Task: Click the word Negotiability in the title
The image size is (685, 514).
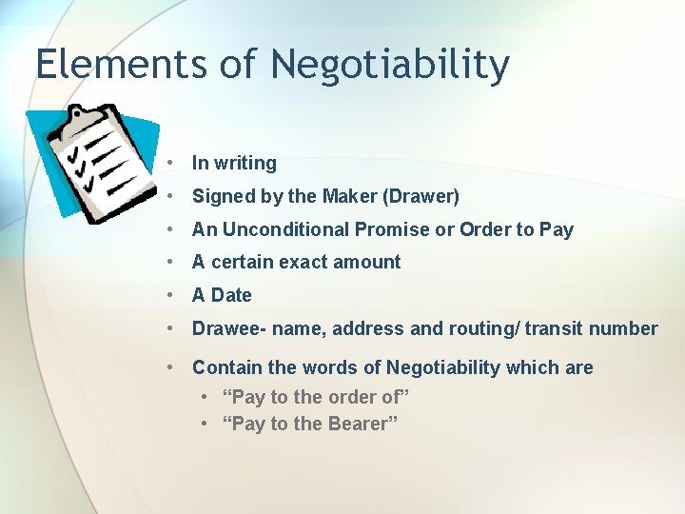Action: [390, 66]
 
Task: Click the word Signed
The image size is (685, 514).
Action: [220, 197]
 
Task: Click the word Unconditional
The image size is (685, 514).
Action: [284, 229]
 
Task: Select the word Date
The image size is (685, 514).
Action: [231, 295]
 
